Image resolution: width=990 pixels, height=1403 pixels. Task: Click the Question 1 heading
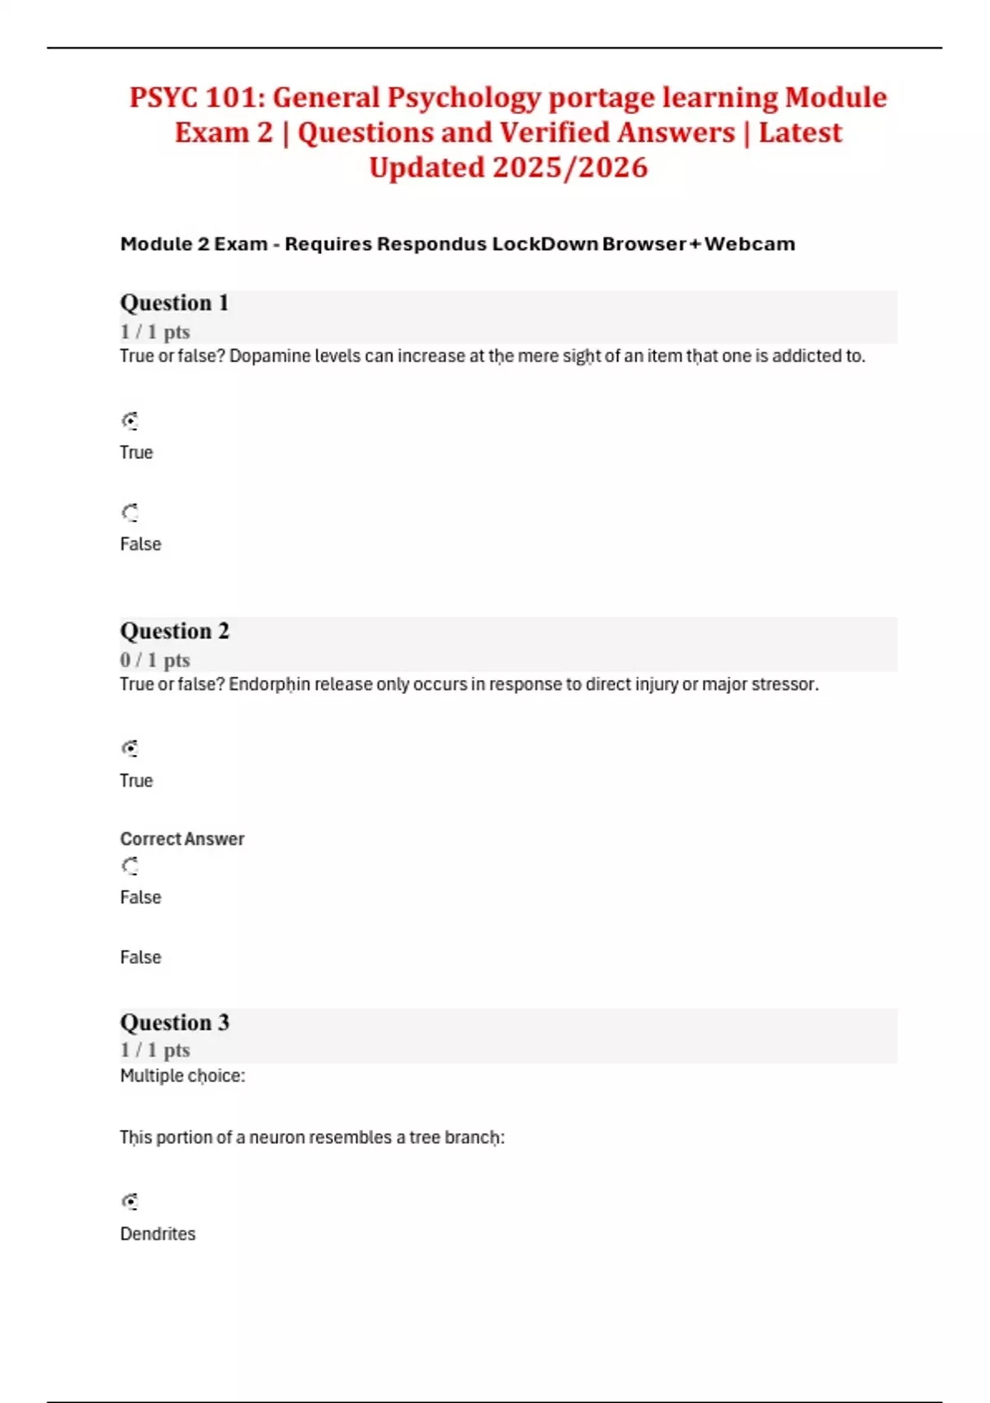174,303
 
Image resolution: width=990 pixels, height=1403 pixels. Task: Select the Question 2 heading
174,631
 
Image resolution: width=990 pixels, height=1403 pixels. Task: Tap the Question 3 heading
174,1023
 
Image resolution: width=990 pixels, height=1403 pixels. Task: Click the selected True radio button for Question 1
130,422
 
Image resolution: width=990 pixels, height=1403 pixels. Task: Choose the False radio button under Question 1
130,513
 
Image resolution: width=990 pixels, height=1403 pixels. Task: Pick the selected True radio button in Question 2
130,749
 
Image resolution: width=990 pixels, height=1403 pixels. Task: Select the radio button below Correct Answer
130,867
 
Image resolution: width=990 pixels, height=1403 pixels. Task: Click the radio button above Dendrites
130,1202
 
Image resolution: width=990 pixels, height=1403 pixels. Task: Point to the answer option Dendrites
158,1234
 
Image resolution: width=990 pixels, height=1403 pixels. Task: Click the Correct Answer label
182,839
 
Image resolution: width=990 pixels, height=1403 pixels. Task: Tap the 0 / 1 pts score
155,660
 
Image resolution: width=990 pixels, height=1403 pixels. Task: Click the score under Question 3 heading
155,1051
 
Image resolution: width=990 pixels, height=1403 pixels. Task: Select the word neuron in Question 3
276,1137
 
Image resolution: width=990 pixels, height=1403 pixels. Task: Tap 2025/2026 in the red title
570,168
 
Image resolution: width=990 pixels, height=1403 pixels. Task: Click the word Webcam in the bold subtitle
750,244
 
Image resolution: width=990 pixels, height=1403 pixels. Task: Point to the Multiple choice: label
182,1076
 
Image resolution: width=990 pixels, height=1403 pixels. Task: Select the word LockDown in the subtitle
545,244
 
